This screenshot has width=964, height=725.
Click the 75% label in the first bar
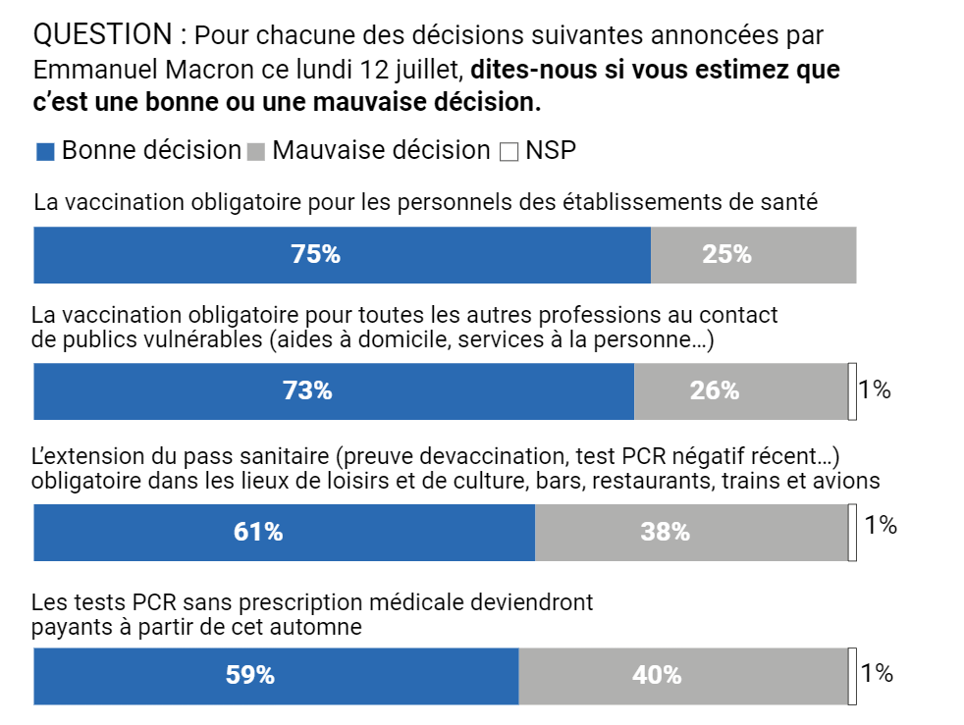click(315, 255)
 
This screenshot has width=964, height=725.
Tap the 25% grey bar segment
click(753, 255)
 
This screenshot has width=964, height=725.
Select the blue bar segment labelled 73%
click(334, 391)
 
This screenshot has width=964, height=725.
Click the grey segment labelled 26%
click(740, 391)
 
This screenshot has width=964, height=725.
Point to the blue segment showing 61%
click(284, 533)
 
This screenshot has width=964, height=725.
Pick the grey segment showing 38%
click(691, 533)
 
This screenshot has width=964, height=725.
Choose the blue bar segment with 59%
click(276, 676)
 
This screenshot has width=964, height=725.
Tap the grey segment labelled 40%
click(682, 676)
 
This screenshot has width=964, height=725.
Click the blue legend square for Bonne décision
click(44, 152)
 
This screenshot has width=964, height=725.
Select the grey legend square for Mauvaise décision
click(255, 152)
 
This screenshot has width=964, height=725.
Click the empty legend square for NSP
click(509, 152)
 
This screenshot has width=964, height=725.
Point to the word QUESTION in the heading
click(102, 35)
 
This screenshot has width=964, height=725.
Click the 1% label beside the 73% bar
click(874, 390)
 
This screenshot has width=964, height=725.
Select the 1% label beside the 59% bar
click(876, 673)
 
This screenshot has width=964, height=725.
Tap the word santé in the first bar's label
click(791, 203)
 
